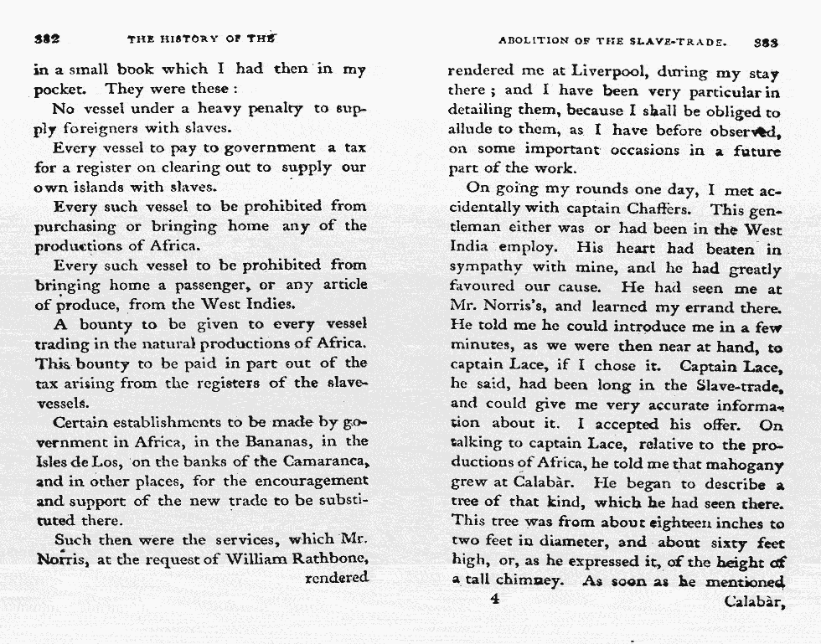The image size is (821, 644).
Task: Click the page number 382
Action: (45, 39)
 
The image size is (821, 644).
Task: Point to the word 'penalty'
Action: (272, 109)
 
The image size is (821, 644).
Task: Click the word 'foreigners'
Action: (104, 129)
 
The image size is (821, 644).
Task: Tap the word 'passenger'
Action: (217, 285)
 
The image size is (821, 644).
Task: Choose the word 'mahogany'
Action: (744, 465)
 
